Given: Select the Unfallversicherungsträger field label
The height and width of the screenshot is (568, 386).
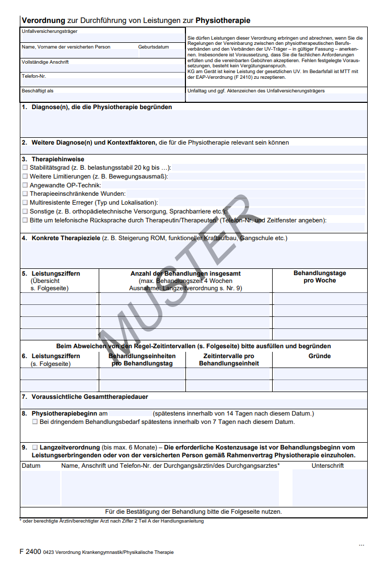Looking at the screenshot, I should pyautogui.click(x=50, y=31).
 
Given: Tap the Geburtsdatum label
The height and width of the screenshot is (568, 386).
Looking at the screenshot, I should pyautogui.click(x=154, y=47).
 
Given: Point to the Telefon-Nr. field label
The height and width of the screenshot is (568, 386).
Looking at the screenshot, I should pyautogui.click(x=34, y=76).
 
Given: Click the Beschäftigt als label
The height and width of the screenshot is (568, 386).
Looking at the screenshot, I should pyautogui.click(x=38, y=91).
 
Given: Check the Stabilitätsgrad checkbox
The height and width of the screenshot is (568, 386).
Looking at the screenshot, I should pyautogui.click(x=25, y=168).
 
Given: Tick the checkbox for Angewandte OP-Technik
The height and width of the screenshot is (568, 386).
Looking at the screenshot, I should pyautogui.click(x=25, y=185).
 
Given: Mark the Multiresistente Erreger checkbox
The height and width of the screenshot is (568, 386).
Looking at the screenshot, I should pyautogui.click(x=25, y=202).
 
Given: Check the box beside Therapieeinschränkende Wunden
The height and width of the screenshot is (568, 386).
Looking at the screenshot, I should pyautogui.click(x=25, y=194).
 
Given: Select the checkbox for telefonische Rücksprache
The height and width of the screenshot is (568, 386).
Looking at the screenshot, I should pyautogui.click(x=25, y=220).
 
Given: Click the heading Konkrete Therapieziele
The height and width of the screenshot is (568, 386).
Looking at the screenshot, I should pyautogui.click(x=66, y=238).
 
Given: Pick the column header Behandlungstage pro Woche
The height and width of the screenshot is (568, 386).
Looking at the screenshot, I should pyautogui.click(x=319, y=277).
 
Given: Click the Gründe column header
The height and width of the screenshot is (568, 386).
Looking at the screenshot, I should pyautogui.click(x=319, y=356).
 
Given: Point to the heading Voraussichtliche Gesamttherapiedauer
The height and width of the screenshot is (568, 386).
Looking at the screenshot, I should pyautogui.click(x=89, y=397).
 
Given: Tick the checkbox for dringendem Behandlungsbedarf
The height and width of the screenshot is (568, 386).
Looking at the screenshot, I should pyautogui.click(x=35, y=422).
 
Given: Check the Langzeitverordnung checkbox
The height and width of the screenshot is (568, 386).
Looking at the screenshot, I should pyautogui.click(x=35, y=447).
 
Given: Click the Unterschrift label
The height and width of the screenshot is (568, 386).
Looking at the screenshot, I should pyautogui.click(x=327, y=466).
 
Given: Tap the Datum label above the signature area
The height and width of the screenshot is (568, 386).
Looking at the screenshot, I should pyautogui.click(x=31, y=466).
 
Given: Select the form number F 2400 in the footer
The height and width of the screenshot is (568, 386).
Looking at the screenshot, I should pyautogui.click(x=30, y=552).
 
